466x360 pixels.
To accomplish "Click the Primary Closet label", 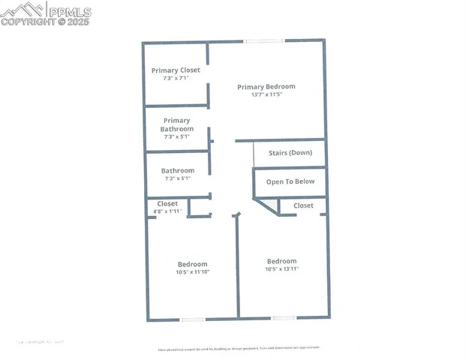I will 176,70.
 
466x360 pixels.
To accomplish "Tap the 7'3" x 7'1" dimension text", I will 176,79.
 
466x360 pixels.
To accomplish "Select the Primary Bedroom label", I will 266,87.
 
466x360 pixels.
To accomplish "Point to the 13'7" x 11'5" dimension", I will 266,95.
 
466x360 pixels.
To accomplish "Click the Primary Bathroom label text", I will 177,124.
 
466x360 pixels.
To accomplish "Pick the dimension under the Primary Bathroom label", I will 177,137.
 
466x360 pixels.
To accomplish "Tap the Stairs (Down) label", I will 290,153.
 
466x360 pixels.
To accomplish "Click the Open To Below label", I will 290,181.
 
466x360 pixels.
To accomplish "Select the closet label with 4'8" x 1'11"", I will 167,204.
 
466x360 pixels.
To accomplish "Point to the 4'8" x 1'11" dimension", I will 167,211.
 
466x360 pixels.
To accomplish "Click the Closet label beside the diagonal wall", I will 303,205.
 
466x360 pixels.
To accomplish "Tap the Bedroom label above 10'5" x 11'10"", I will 192,264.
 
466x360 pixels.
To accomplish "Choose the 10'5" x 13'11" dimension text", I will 281,269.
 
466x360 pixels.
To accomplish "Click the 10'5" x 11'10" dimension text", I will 192,272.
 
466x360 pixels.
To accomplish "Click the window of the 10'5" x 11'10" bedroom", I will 193,319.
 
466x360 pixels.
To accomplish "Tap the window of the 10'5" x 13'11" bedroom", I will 284,319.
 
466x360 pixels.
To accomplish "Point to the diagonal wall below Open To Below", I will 267,206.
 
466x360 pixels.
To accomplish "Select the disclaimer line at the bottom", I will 239,349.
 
